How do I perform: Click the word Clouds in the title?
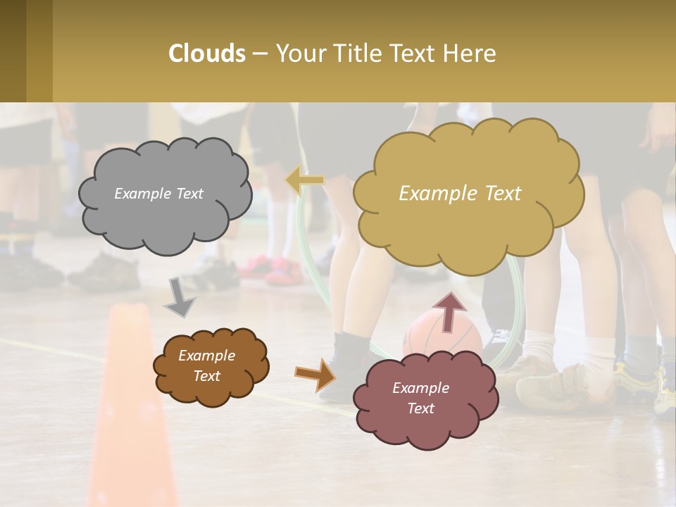[x=206, y=54]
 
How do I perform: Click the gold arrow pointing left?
[x=305, y=181]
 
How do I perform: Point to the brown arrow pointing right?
[x=315, y=374]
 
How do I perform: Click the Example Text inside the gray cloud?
[x=158, y=194]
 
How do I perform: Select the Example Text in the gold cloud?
[x=460, y=194]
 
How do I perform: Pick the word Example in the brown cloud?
[x=206, y=356]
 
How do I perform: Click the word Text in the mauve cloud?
[x=420, y=408]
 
